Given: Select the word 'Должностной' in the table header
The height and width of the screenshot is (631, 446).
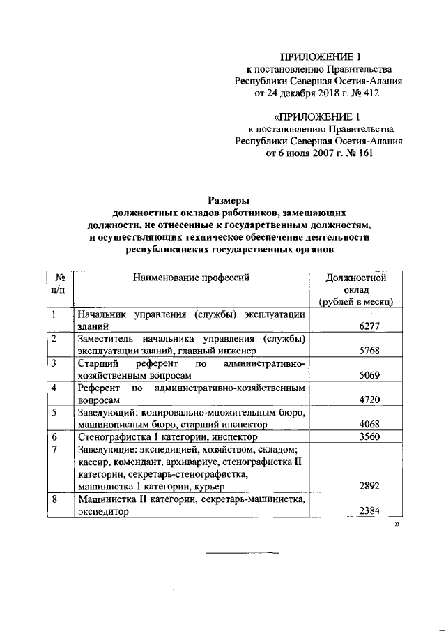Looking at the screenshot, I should click(356, 278).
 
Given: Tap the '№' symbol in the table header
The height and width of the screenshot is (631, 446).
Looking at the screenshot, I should click(60, 278).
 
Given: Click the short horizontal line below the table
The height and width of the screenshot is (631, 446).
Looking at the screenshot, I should click(240, 554).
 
